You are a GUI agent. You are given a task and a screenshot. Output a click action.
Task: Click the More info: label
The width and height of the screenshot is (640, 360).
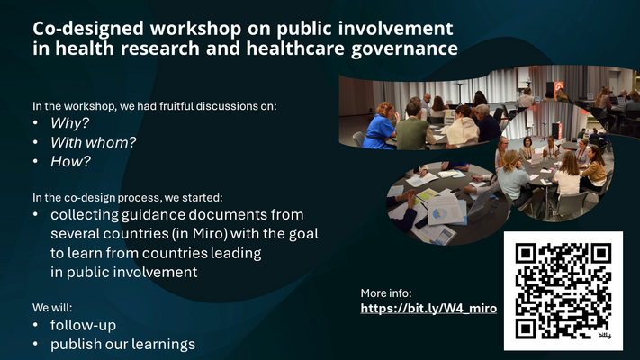coord(386,292)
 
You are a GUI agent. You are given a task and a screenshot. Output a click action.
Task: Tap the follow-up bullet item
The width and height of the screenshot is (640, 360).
coord(83,325)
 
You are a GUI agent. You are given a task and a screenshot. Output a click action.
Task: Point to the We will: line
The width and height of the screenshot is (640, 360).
coord(53,307)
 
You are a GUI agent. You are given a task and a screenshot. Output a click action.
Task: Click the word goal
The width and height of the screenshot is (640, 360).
coord(302,234)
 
